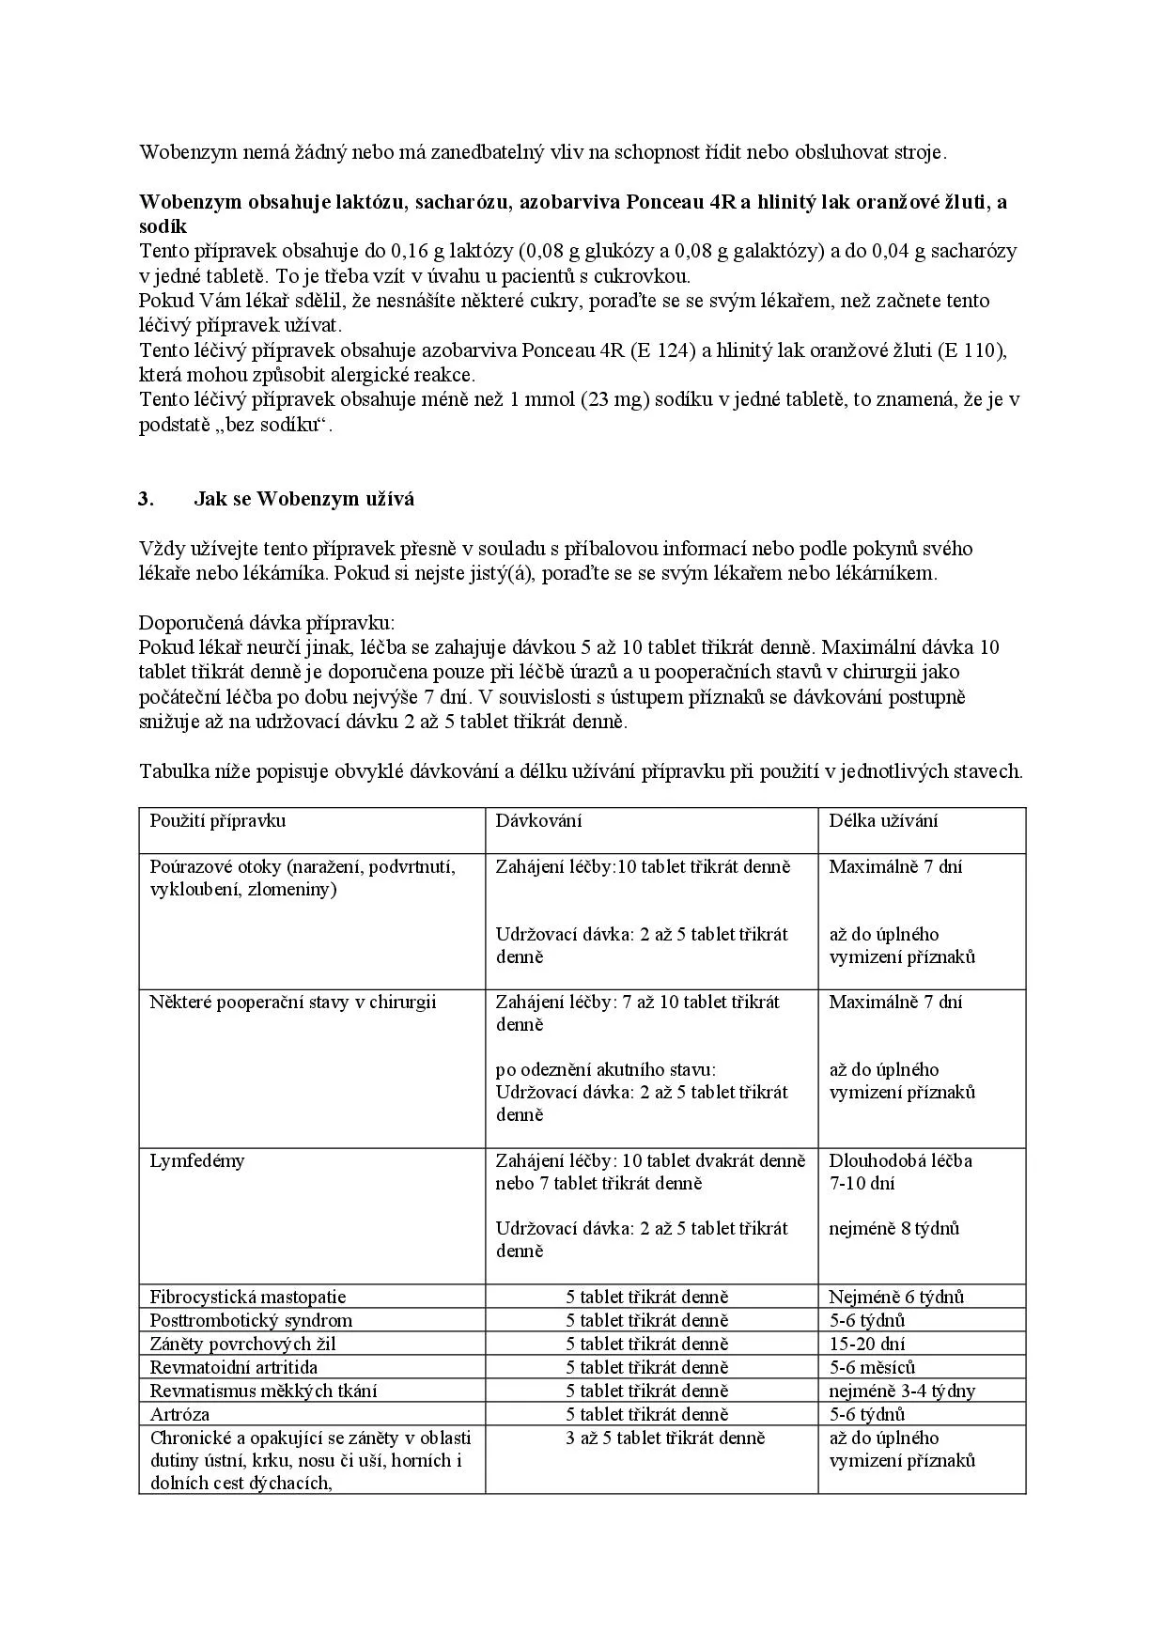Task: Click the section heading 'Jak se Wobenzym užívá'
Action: point(303,499)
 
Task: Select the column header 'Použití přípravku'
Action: point(218,820)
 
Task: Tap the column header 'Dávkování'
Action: point(539,820)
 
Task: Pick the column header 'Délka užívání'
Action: point(883,820)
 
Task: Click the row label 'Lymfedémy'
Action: point(197,1160)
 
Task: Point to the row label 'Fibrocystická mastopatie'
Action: point(248,1297)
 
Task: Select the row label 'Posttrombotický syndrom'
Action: point(251,1320)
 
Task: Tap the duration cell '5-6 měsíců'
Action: point(872,1367)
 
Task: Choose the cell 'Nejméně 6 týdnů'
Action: point(896,1297)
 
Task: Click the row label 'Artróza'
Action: point(179,1414)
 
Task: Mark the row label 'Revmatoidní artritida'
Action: point(234,1367)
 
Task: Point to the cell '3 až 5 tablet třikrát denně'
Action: point(665,1438)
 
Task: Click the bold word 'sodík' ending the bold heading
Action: point(163,226)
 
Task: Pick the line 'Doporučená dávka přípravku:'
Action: point(268,623)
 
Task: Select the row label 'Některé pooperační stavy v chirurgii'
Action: point(293,1002)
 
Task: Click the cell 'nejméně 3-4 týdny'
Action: point(902,1391)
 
